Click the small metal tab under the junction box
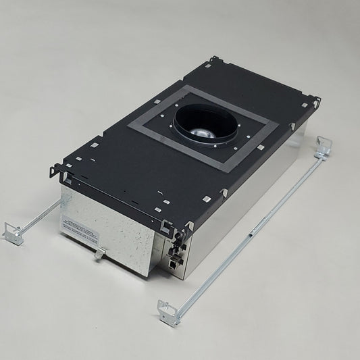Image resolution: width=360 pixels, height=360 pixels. tap(99, 253)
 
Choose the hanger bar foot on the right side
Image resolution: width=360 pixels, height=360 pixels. tap(323, 147)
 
